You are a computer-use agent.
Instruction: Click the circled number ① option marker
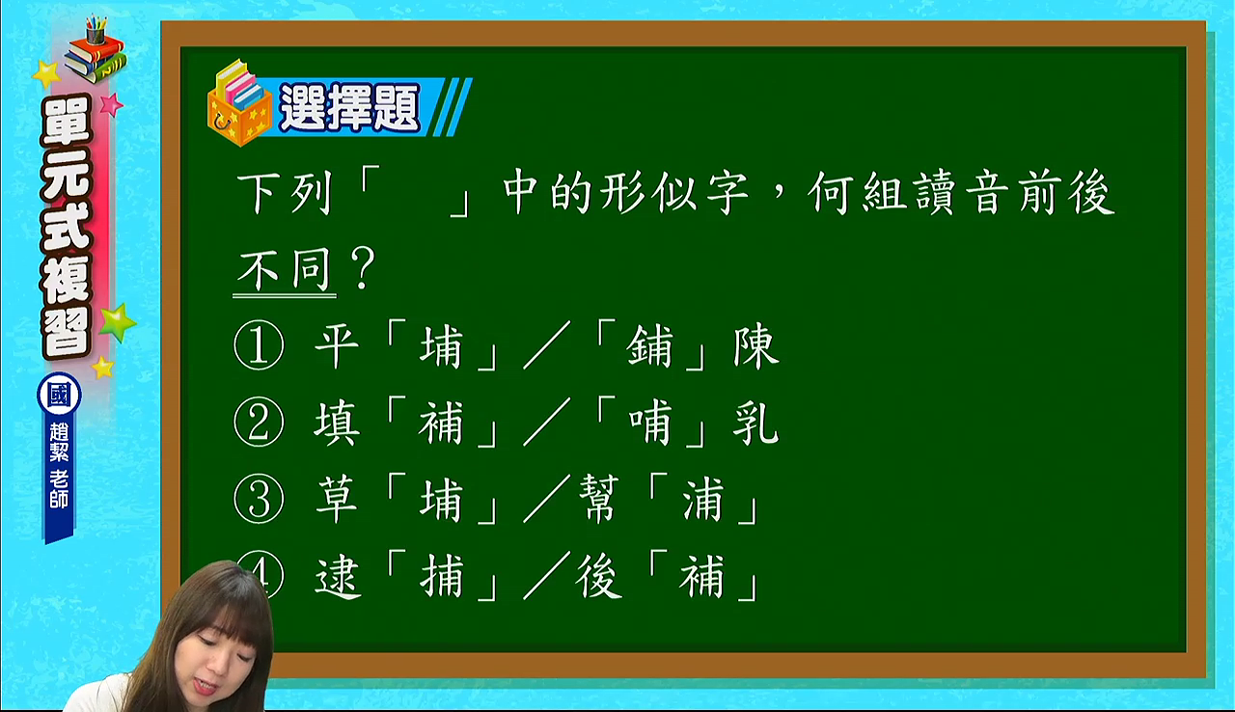point(259,345)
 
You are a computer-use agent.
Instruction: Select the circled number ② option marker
point(259,423)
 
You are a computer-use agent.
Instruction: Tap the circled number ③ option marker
point(259,500)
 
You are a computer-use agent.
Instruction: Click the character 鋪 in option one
point(650,346)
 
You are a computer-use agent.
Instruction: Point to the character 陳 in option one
point(755,346)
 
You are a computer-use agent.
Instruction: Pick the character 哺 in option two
point(650,423)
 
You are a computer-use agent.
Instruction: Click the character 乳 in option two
point(755,423)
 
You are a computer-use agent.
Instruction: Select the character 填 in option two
point(337,423)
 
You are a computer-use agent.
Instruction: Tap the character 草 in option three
point(337,500)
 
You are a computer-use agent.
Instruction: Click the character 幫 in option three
point(599,500)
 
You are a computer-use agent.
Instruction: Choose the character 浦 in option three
point(703,500)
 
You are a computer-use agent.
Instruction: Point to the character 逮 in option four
point(338,576)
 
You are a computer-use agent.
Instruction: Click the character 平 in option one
point(337,346)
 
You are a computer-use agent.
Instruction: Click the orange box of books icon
point(239,103)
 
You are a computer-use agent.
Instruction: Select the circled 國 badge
point(59,395)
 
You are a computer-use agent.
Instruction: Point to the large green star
point(117,322)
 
